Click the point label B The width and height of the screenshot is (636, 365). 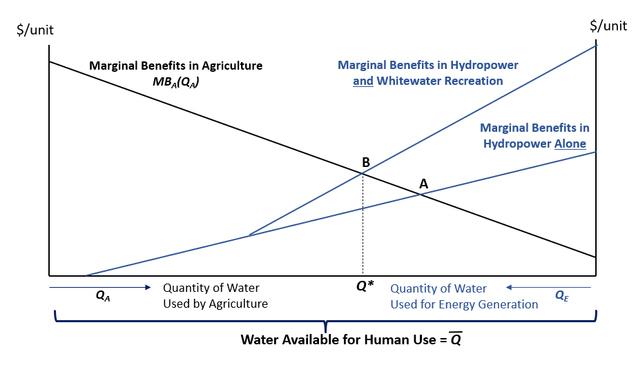click(366, 162)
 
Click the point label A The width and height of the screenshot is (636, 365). click(423, 184)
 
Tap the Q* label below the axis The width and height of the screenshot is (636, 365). click(365, 285)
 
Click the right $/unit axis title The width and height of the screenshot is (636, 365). click(608, 26)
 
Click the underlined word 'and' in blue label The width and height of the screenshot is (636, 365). click(363, 81)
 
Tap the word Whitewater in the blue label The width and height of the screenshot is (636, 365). click(410, 81)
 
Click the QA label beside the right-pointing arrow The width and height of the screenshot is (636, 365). click(103, 295)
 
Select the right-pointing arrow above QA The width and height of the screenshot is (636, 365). click(100, 286)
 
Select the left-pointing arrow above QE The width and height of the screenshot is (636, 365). click(548, 286)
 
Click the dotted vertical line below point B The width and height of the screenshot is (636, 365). click(363, 228)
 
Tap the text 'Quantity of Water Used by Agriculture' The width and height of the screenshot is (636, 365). click(215, 296)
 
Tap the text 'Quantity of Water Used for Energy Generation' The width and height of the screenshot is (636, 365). click(464, 296)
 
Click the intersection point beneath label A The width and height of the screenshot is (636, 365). click(421, 195)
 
